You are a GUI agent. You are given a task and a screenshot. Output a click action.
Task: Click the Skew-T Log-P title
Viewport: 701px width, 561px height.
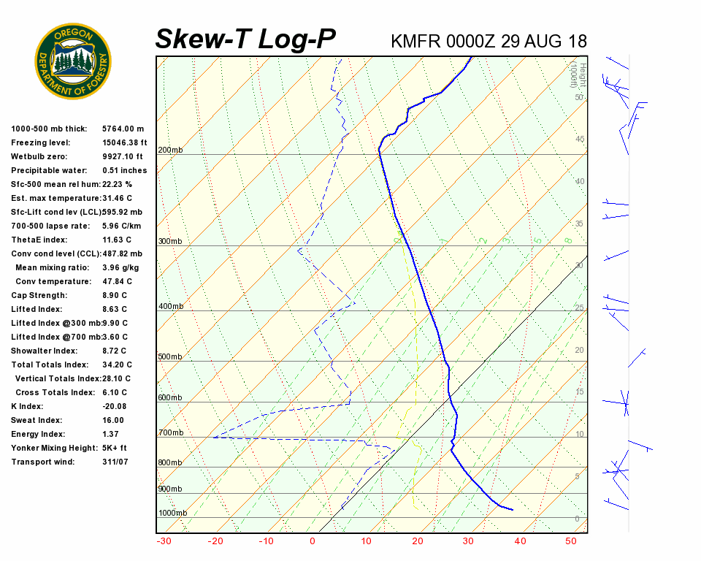(x=245, y=39)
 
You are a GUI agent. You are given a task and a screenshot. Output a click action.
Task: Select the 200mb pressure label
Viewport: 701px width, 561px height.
(x=170, y=150)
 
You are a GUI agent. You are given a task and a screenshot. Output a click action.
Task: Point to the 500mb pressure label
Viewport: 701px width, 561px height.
(x=170, y=357)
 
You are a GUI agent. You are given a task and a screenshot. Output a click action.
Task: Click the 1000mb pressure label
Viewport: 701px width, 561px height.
(x=172, y=514)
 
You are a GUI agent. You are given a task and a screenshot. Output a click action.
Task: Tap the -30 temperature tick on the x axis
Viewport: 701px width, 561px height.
(x=164, y=541)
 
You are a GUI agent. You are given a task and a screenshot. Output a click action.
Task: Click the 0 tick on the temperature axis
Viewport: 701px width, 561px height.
(x=313, y=541)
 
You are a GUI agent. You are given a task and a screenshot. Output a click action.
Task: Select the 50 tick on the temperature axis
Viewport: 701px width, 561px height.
(x=571, y=541)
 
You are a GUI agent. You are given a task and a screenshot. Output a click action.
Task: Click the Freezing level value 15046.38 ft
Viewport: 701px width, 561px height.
(x=125, y=143)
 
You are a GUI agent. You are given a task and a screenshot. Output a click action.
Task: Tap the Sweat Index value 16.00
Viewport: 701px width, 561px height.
(x=113, y=421)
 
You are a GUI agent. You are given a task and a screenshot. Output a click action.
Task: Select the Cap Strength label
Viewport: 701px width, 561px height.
(x=39, y=296)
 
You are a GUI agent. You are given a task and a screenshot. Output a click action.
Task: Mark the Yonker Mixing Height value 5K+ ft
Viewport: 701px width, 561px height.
(x=115, y=449)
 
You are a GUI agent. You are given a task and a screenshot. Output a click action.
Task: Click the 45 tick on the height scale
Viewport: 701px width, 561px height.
(x=580, y=140)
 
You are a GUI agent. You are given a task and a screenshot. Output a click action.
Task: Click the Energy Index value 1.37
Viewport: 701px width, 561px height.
(x=110, y=435)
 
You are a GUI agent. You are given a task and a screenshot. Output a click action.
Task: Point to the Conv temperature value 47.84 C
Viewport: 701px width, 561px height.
(x=118, y=282)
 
